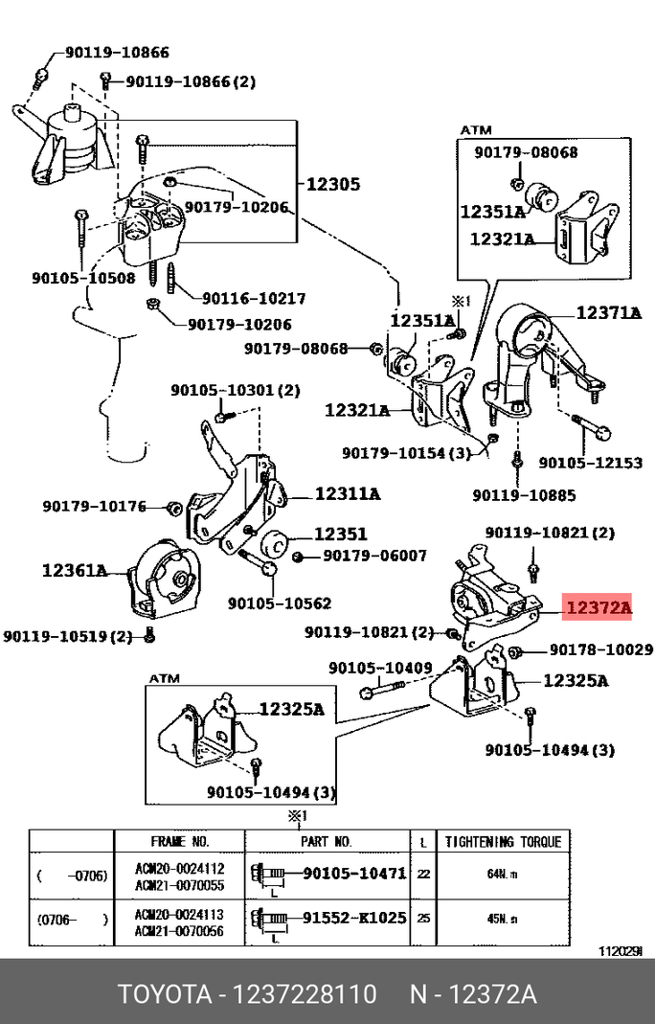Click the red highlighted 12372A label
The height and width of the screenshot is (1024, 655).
pos(599,607)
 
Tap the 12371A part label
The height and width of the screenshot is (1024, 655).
pos(608,312)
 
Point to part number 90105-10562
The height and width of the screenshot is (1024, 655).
pos(279,603)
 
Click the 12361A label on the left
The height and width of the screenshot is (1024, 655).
pos(75,570)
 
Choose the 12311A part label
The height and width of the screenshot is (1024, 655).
pos(347,494)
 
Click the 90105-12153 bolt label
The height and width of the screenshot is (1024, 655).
pos(590,462)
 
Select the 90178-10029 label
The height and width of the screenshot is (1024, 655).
pos(600,650)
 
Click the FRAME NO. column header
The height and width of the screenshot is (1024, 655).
pos(179,842)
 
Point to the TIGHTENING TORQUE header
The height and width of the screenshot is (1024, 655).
pos(503,842)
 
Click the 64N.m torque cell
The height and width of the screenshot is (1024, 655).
pos(503,875)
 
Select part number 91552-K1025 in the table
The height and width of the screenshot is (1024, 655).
pos(354,918)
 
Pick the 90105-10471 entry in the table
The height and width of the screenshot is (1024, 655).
pos(354,874)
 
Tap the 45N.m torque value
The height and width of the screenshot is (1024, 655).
pos(503,918)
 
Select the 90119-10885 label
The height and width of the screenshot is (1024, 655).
pos(524,495)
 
